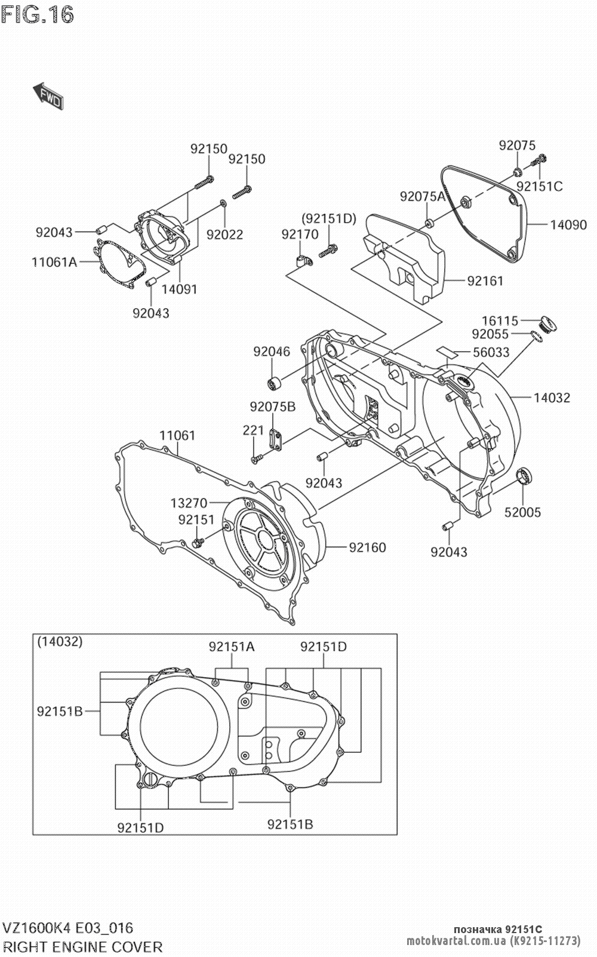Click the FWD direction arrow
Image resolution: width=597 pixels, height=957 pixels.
coord(48,96)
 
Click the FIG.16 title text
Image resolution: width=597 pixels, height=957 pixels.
coord(37,14)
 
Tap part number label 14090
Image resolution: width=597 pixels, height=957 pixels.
coord(568,224)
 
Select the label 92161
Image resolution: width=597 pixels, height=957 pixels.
coord(485,281)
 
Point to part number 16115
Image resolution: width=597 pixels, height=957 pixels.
coord(500,321)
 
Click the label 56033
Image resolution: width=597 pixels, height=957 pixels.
coord(491,352)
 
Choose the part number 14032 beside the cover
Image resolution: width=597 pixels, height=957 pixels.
coord(552,398)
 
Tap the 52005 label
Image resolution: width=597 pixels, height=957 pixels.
coord(522,512)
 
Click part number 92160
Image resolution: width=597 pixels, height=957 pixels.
coord(368,547)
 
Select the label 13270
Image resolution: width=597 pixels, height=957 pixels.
coord(189,503)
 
